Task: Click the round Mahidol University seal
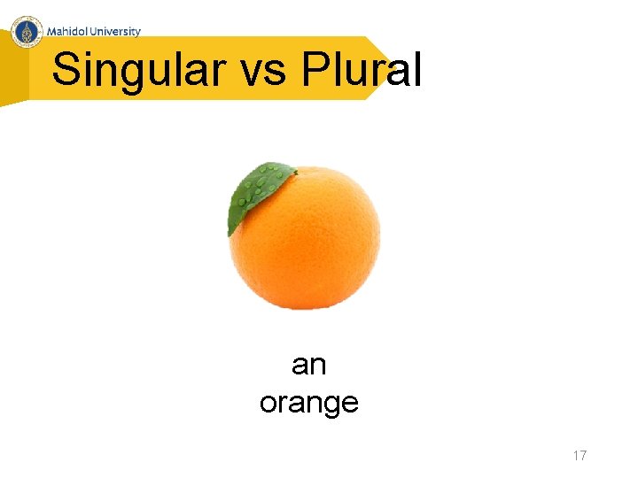[x=28, y=32]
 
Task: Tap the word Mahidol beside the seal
[x=70, y=32]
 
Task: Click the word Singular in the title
[x=137, y=71]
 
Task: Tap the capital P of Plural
[x=314, y=69]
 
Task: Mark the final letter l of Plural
[x=416, y=69]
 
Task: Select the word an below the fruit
[x=308, y=364]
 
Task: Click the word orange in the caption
[x=308, y=403]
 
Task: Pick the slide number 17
[x=580, y=456]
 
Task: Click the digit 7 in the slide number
[x=583, y=456]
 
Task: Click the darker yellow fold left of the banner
[x=13, y=75]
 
